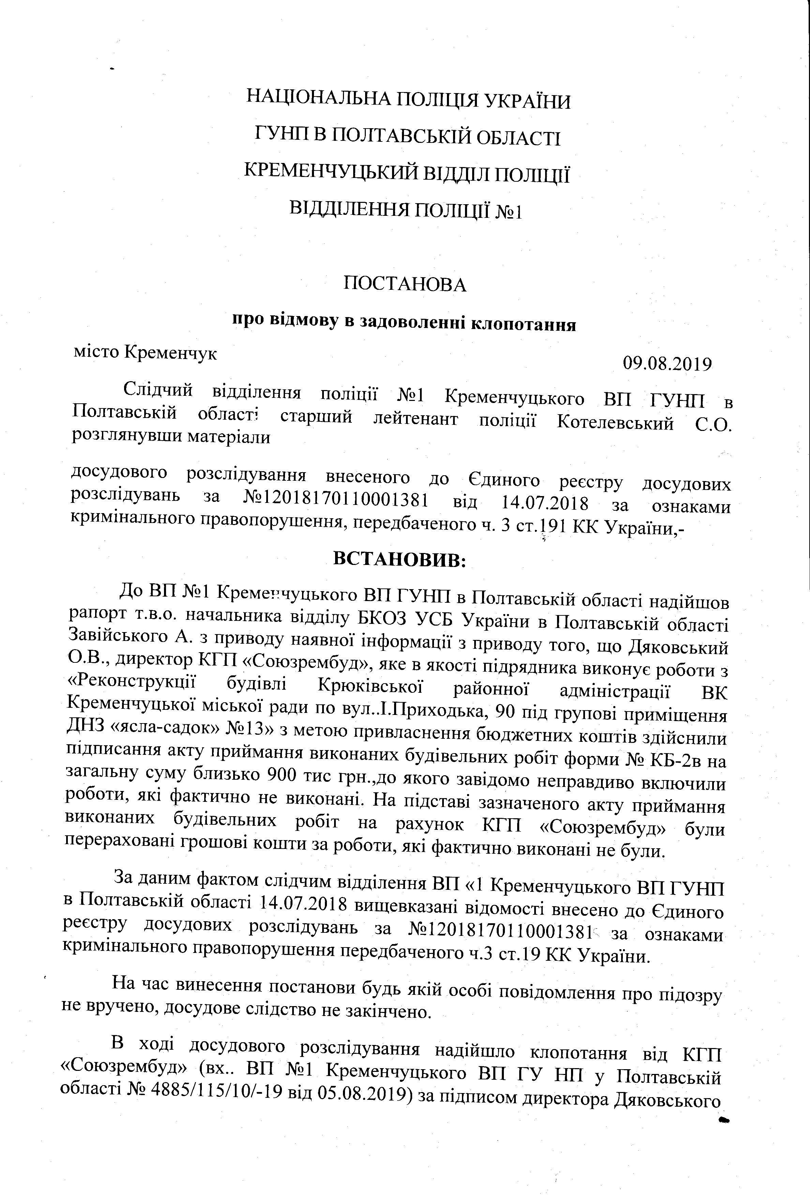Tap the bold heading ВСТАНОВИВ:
point(399,559)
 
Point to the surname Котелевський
point(615,423)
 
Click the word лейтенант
point(415,419)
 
